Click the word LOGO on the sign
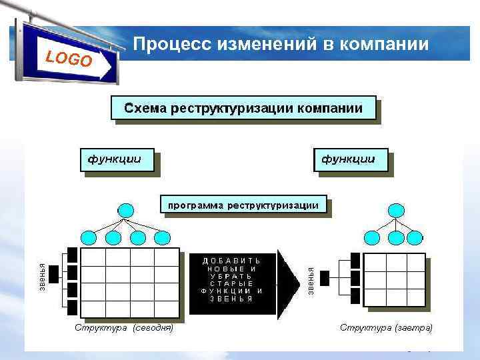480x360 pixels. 69,59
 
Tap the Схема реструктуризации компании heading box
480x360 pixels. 243,108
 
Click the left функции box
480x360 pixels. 117,159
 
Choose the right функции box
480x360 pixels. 349,159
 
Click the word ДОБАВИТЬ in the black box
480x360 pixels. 232,259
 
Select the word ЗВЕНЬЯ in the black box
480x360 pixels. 232,299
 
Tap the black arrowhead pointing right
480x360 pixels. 288,283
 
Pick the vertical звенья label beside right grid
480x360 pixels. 311,280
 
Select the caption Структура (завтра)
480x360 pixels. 387,328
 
